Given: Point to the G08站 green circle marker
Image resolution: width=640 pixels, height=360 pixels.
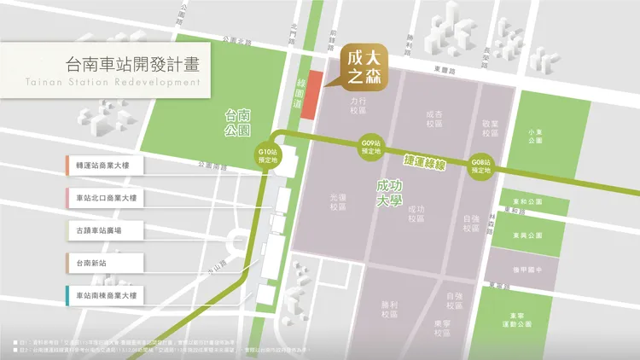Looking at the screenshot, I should (x=482, y=166).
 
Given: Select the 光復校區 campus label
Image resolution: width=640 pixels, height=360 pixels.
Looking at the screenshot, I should (x=338, y=201).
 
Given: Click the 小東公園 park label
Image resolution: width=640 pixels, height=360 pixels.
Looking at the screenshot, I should (x=536, y=136).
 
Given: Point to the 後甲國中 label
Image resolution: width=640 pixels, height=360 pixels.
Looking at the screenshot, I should (x=534, y=270).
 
